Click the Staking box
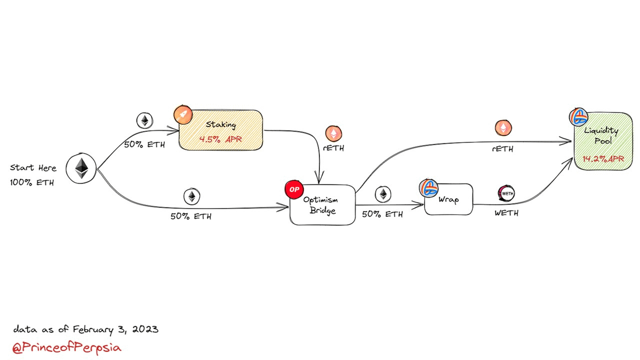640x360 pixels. [220, 130]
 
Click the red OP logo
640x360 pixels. [293, 190]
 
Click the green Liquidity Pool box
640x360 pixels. [599, 141]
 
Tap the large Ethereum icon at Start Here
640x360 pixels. [81, 170]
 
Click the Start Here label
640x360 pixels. [33, 168]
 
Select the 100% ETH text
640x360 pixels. [31, 182]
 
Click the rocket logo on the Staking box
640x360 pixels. [183, 114]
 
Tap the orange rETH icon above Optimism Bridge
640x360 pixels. [334, 133]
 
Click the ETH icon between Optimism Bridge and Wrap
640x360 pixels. [382, 195]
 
